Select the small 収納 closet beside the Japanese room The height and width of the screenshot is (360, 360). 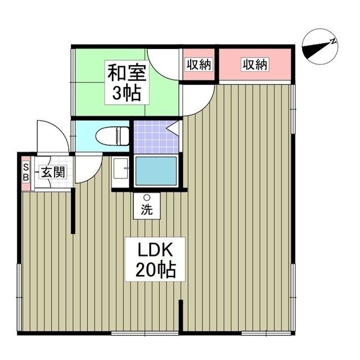coord(199,65)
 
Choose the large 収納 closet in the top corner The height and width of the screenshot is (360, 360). coord(255,65)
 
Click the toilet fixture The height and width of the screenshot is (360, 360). coord(112,136)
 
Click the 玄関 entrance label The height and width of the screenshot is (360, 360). coord(52,172)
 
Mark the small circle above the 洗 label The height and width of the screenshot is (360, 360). coord(147,198)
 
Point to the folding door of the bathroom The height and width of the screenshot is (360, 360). coord(174,130)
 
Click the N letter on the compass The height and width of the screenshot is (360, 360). coord(333,41)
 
